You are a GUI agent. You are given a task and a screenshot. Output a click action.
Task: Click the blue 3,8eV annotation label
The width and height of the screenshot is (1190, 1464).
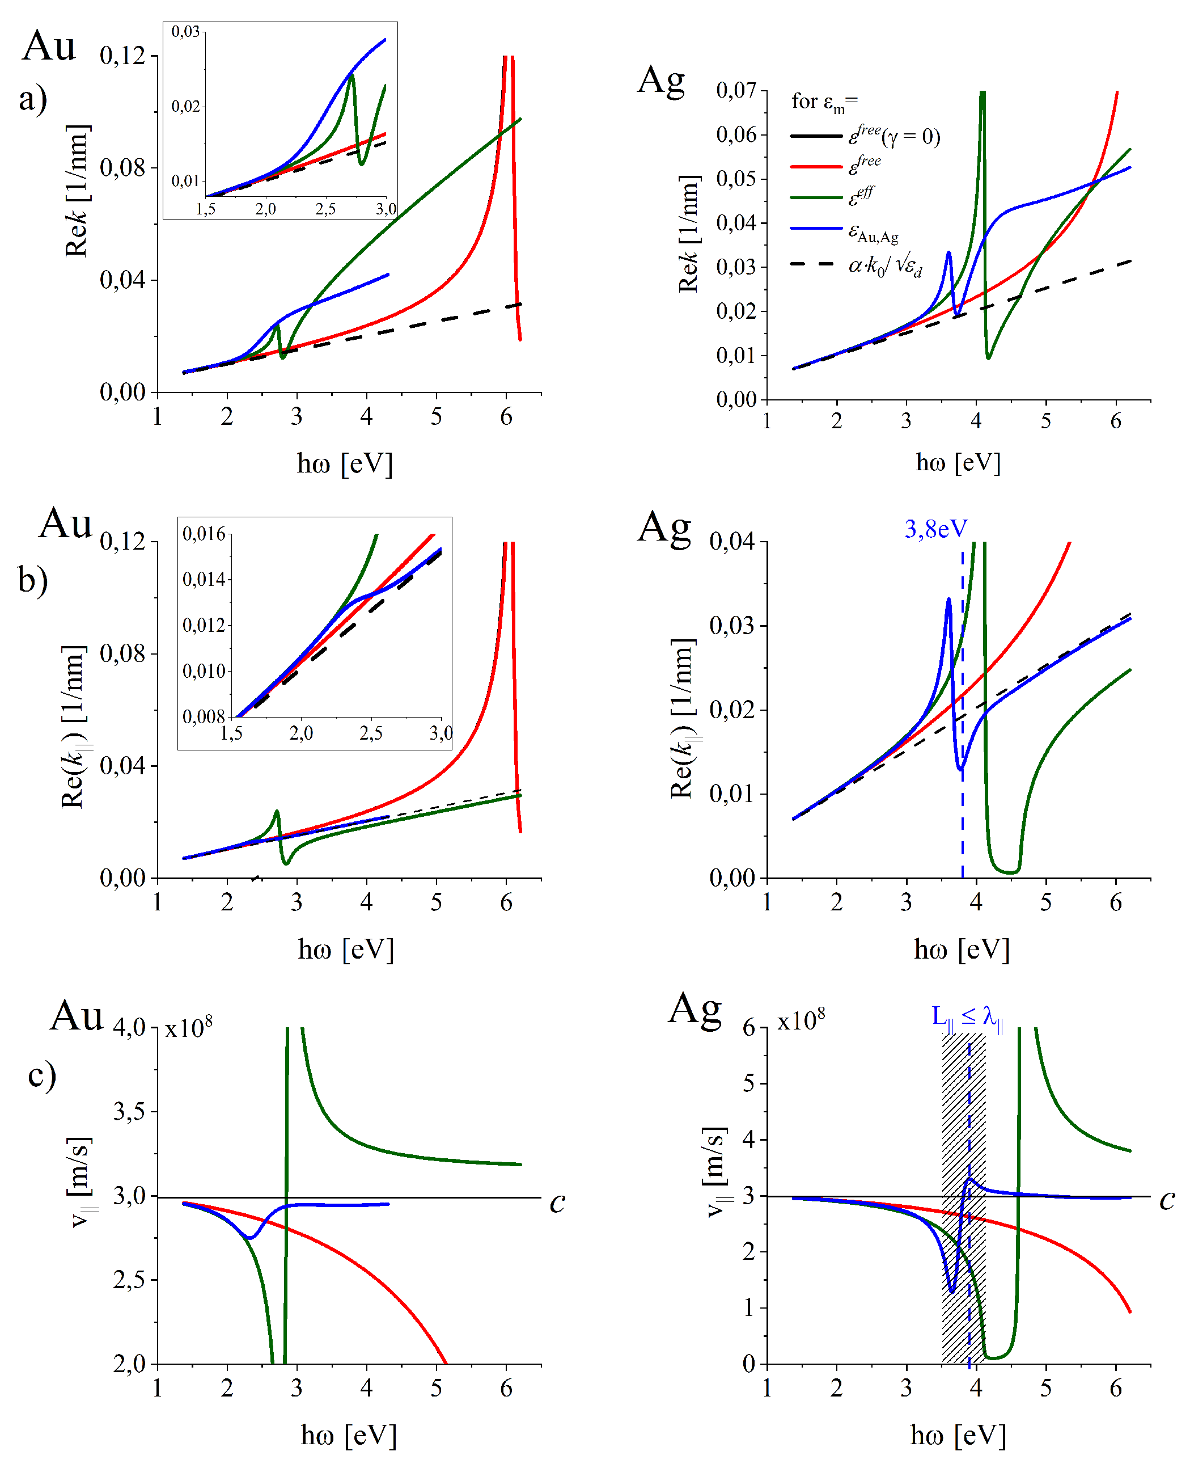[935, 529]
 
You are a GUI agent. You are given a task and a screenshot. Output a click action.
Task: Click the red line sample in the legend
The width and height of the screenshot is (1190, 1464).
[816, 167]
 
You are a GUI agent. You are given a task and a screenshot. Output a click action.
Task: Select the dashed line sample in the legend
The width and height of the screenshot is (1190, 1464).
[816, 263]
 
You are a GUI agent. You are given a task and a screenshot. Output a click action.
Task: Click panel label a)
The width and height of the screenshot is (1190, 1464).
[33, 98]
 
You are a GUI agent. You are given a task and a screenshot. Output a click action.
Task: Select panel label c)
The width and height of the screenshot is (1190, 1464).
[42, 1075]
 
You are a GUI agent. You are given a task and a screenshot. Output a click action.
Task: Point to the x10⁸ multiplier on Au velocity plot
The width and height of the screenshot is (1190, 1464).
[189, 1027]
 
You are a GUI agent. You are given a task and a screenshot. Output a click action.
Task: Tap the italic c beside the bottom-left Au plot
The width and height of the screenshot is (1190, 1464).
[557, 1202]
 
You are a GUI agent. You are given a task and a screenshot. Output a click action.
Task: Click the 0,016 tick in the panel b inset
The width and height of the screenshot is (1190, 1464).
[204, 534]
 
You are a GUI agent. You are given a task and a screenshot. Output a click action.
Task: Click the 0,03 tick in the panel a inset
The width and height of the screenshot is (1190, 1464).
[185, 32]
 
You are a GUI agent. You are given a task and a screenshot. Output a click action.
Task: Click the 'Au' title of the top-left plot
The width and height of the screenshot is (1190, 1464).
[48, 47]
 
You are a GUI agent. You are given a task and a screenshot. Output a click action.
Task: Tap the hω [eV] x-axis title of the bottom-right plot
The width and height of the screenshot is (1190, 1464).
[958, 1435]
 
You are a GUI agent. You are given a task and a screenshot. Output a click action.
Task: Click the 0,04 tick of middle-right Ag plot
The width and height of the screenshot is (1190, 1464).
[731, 542]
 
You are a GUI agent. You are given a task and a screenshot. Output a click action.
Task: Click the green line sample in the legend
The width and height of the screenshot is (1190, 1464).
[816, 197]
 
